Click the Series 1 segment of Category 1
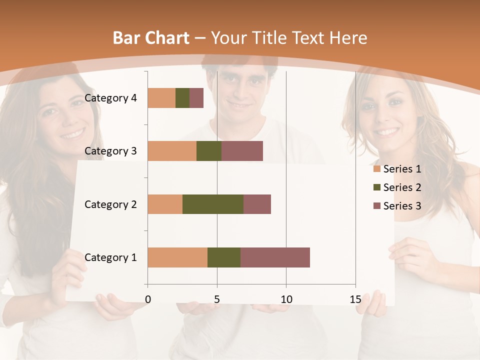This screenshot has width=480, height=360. pyautogui.click(x=177, y=257)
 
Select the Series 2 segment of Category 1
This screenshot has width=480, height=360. pyautogui.click(x=224, y=257)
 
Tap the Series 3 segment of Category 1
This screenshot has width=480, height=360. pyautogui.click(x=275, y=257)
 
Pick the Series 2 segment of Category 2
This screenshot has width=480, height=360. pyautogui.click(x=213, y=204)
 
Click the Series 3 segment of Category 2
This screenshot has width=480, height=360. pyautogui.click(x=257, y=204)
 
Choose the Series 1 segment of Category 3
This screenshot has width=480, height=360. pyautogui.click(x=172, y=151)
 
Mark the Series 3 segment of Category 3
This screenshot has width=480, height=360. pyautogui.click(x=242, y=151)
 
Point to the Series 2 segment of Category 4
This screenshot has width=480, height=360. pyautogui.click(x=182, y=98)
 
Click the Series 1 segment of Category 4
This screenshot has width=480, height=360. pyautogui.click(x=161, y=98)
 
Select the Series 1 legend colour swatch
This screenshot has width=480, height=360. pyautogui.click(x=376, y=169)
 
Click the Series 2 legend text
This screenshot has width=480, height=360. pyautogui.click(x=402, y=187)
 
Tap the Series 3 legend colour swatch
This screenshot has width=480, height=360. pyautogui.click(x=376, y=206)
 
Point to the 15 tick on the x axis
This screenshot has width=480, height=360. pyautogui.click(x=355, y=299)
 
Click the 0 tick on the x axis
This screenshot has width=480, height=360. pyautogui.click(x=147, y=299)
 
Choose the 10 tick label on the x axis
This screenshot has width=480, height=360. pyautogui.click(x=286, y=299)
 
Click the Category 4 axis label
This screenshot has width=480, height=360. pyautogui.click(x=110, y=98)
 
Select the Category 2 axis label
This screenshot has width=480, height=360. pyautogui.click(x=110, y=204)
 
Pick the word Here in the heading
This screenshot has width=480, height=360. pyautogui.click(x=349, y=38)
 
